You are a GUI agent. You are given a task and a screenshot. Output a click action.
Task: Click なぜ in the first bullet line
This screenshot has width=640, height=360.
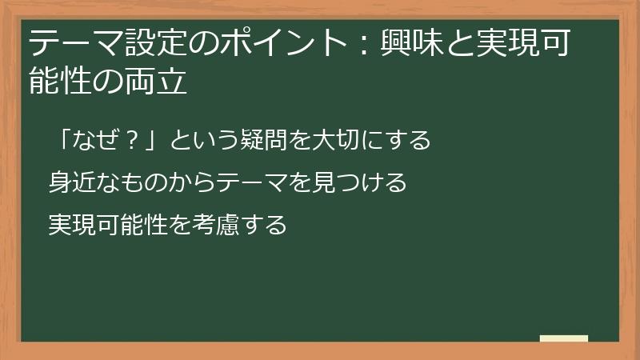coord(95,141)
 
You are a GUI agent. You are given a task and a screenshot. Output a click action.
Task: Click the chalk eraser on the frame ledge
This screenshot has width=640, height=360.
coord(564,339)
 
